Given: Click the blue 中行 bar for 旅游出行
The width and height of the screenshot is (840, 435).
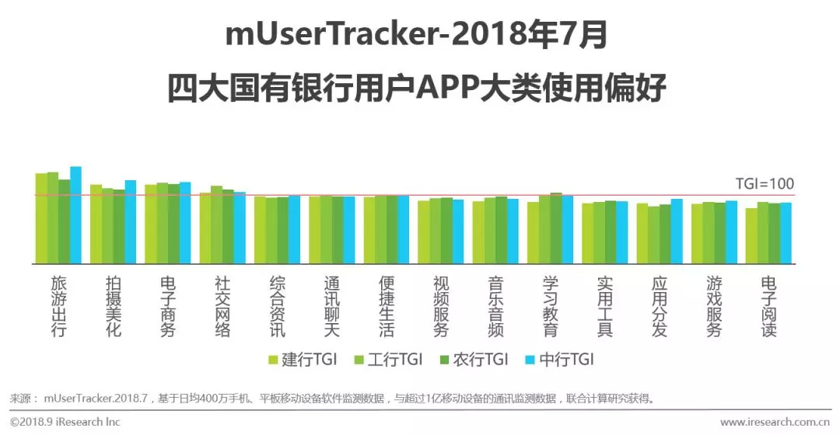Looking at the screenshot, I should click(75, 215).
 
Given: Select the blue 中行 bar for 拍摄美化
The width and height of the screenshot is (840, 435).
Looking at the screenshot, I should click(130, 222).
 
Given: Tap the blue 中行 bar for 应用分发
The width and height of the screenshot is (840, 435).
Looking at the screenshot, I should click(676, 231).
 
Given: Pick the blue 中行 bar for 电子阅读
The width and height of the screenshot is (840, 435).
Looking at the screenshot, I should click(786, 233).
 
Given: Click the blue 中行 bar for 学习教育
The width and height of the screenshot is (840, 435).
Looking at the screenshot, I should click(567, 230).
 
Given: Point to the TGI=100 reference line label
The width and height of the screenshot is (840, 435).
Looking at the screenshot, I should click(765, 184).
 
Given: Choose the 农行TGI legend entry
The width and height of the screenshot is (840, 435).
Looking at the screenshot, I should click(473, 359).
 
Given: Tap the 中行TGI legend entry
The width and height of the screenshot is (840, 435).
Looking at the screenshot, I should click(559, 359).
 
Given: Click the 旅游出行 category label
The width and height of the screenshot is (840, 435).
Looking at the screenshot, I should click(59, 306).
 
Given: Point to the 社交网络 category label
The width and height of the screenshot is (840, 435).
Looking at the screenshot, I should click(222, 306).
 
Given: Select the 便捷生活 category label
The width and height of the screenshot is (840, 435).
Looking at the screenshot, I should click(387, 306).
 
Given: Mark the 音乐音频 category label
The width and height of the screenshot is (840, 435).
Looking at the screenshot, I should click(495, 306).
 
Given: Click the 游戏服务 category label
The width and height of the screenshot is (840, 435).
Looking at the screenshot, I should click(714, 306).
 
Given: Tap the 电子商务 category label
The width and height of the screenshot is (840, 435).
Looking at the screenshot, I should click(168, 306).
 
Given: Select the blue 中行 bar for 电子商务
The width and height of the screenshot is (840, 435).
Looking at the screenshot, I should click(185, 223).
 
